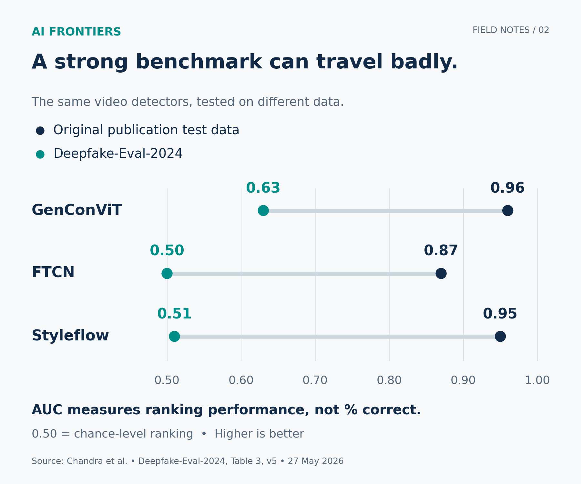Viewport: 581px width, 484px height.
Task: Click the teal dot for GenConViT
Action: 263,211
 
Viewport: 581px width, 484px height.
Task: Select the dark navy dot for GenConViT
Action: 508,211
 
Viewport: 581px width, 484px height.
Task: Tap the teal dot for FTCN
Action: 167,274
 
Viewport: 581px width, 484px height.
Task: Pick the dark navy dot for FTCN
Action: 441,274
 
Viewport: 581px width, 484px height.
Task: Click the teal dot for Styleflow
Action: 174,337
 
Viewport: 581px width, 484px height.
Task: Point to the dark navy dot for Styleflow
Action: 500,337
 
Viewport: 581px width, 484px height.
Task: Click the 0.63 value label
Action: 263,188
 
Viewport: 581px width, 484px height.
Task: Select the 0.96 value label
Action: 507,188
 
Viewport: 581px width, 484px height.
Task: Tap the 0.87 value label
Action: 441,251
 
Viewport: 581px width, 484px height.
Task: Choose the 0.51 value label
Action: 174,314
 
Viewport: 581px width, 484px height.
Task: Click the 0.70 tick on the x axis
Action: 315,380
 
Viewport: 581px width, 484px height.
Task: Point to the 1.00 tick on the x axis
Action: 537,380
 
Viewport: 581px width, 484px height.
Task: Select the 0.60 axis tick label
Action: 241,380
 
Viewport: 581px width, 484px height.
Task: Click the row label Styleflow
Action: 70,336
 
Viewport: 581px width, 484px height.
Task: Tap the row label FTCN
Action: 53,273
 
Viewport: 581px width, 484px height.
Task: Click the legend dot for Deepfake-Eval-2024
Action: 40,154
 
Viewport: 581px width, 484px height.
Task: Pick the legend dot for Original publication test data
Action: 40,131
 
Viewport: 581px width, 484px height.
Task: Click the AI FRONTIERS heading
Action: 76,32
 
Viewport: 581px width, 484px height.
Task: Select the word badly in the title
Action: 424,62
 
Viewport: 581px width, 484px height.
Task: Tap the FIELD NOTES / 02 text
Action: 511,30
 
